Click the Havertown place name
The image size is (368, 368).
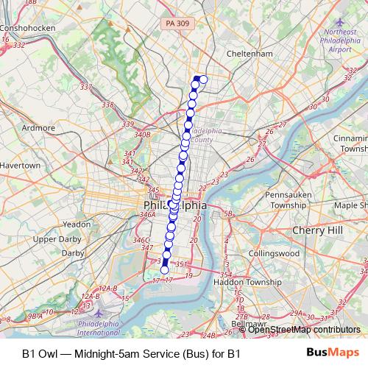(x=20, y=166)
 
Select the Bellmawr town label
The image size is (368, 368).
(x=249, y=323)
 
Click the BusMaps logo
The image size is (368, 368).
(x=333, y=353)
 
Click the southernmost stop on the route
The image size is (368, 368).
(x=165, y=270)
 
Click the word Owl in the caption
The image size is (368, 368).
(x=49, y=353)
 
